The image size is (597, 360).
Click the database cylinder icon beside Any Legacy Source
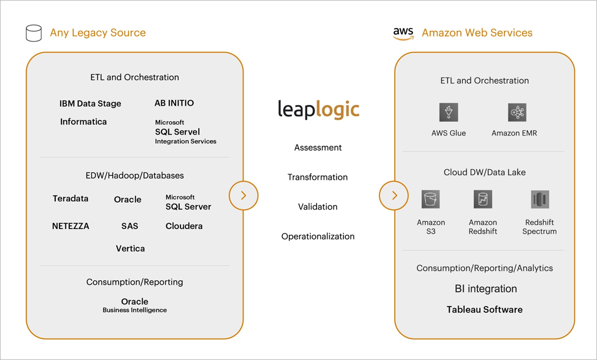pos(33,33)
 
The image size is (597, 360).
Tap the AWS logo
pos(403,33)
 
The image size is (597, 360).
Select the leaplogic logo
pos(318,109)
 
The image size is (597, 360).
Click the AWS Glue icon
pos(448,112)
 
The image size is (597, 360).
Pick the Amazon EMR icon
pos(517,112)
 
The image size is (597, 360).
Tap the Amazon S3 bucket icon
pos(431,199)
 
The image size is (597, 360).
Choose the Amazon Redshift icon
pos(482,199)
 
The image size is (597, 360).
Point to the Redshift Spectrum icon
pos(539,199)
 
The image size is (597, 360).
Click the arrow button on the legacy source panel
pos(243,195)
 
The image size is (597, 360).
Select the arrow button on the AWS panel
pos(394,195)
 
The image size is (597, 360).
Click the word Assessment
pos(318,148)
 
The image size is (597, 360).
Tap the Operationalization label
pos(318,236)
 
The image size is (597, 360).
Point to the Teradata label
pos(71,198)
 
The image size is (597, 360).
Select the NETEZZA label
pos(71,226)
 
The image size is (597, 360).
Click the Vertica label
pos(130,248)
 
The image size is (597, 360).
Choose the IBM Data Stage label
pos(90,104)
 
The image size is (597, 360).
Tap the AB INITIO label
pos(174,103)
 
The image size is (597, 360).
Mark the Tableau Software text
pos(484,310)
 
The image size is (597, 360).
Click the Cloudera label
pos(184,226)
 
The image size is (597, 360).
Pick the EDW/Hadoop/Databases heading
pos(134,176)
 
